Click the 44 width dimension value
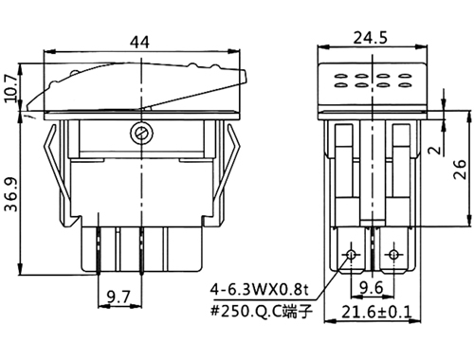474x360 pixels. point(140,43)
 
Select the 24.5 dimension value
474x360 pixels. point(370,38)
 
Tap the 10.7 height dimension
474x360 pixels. point(12,88)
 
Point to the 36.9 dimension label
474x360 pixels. point(11,196)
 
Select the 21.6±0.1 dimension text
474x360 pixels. point(376,313)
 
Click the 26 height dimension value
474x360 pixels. point(460,170)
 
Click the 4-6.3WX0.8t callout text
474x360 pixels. point(259,290)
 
